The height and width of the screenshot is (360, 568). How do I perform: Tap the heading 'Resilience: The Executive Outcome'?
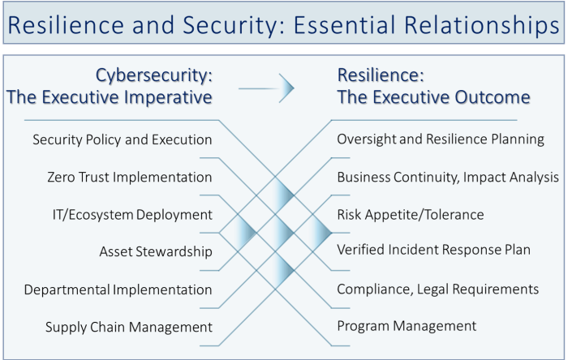point(434,88)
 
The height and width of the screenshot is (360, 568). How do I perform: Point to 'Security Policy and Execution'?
point(122,139)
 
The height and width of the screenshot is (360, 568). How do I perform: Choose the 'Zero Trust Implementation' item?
point(130,177)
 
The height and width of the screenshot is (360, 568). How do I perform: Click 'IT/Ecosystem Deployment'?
point(131,215)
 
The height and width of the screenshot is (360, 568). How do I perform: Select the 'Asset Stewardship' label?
point(156,252)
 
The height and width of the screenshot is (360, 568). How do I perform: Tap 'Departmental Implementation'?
point(118,289)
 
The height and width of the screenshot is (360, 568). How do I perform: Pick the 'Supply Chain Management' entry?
point(128,328)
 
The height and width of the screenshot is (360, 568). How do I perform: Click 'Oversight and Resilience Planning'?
point(441,139)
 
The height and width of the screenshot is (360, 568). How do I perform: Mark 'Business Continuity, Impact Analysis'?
point(448,177)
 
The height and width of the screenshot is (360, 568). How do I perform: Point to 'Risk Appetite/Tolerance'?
point(410,215)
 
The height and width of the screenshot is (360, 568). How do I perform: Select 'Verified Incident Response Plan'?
point(433,250)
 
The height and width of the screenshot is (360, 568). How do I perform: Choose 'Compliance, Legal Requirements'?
point(437,289)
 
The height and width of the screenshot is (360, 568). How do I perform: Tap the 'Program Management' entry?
point(407,326)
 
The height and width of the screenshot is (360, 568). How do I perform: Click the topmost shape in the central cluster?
point(278,195)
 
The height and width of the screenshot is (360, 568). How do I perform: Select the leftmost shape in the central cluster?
point(240,233)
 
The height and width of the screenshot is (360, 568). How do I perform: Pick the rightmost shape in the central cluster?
point(316,233)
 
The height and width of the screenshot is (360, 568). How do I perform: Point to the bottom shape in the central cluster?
point(278,270)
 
